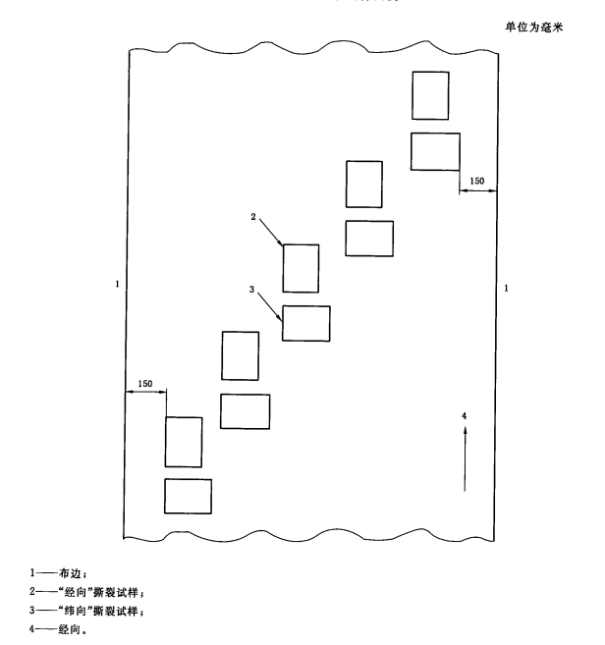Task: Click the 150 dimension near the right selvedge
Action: [x=476, y=181]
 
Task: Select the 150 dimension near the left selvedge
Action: [x=145, y=383]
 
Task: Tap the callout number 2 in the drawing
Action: [x=253, y=217]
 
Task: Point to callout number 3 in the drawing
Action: [x=252, y=289]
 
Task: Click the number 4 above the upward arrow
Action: [x=465, y=416]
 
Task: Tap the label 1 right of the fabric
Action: [x=505, y=288]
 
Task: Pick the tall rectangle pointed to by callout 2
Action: [x=301, y=268]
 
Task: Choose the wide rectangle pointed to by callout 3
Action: [x=306, y=323]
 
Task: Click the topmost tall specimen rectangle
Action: [x=430, y=95]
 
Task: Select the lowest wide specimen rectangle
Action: [x=188, y=496]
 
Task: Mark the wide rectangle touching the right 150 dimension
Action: [x=435, y=150]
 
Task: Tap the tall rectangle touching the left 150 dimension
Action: [x=184, y=442]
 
